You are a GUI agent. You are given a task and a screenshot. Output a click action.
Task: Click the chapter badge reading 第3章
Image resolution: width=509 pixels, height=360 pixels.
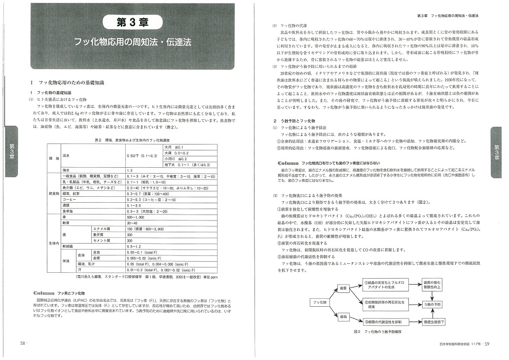tap(132, 22)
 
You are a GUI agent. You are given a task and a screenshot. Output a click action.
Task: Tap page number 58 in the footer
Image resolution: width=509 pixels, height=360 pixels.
tap(23, 344)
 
